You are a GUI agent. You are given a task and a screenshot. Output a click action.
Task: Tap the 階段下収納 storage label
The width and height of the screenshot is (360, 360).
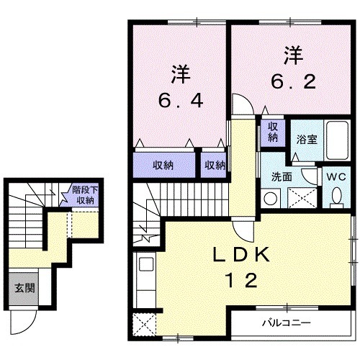(x=83, y=195)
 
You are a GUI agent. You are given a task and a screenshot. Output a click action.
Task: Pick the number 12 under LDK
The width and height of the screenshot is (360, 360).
(x=240, y=282)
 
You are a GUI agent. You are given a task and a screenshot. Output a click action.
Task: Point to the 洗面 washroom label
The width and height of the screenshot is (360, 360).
(x=281, y=175)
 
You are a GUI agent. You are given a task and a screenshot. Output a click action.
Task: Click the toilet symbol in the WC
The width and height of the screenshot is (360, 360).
(x=337, y=194)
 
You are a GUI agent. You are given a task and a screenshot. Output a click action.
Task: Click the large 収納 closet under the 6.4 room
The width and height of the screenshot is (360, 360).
(x=164, y=165)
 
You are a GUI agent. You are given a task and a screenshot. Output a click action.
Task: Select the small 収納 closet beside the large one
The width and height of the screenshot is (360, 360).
(x=214, y=165)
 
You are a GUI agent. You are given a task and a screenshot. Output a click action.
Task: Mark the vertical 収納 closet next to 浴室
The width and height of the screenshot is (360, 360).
(x=274, y=132)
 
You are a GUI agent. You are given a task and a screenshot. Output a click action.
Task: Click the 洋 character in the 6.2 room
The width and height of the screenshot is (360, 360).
(x=292, y=54)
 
